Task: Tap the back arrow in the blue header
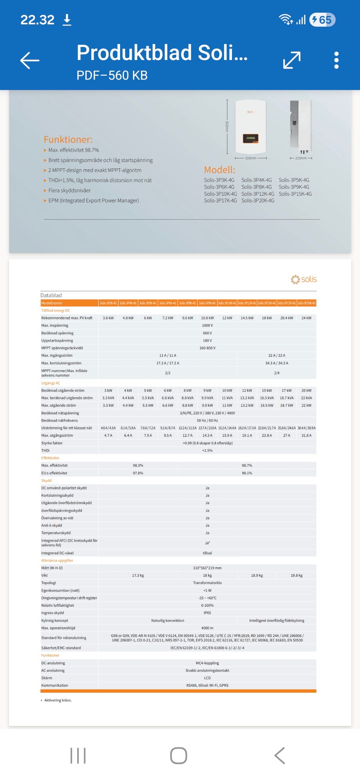click(x=30, y=60)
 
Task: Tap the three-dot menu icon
click(x=336, y=60)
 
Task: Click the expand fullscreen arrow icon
click(x=292, y=60)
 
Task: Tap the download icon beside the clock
click(x=67, y=20)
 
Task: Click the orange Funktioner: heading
click(x=68, y=139)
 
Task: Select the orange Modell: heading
click(x=219, y=169)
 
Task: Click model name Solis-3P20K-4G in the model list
click(x=258, y=201)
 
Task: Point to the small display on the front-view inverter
click(x=250, y=138)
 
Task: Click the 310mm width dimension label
click(x=250, y=158)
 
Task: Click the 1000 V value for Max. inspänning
click(x=207, y=325)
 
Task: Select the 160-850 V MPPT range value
click(x=207, y=348)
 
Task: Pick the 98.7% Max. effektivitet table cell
click(x=247, y=465)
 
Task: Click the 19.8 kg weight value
click(x=296, y=575)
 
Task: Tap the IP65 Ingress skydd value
click(x=207, y=613)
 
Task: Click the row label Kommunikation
click(x=55, y=685)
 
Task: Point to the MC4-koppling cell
click(x=207, y=663)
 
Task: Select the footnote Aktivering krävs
click(x=58, y=700)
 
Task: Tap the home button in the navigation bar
click(x=178, y=755)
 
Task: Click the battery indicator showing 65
click(x=322, y=20)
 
